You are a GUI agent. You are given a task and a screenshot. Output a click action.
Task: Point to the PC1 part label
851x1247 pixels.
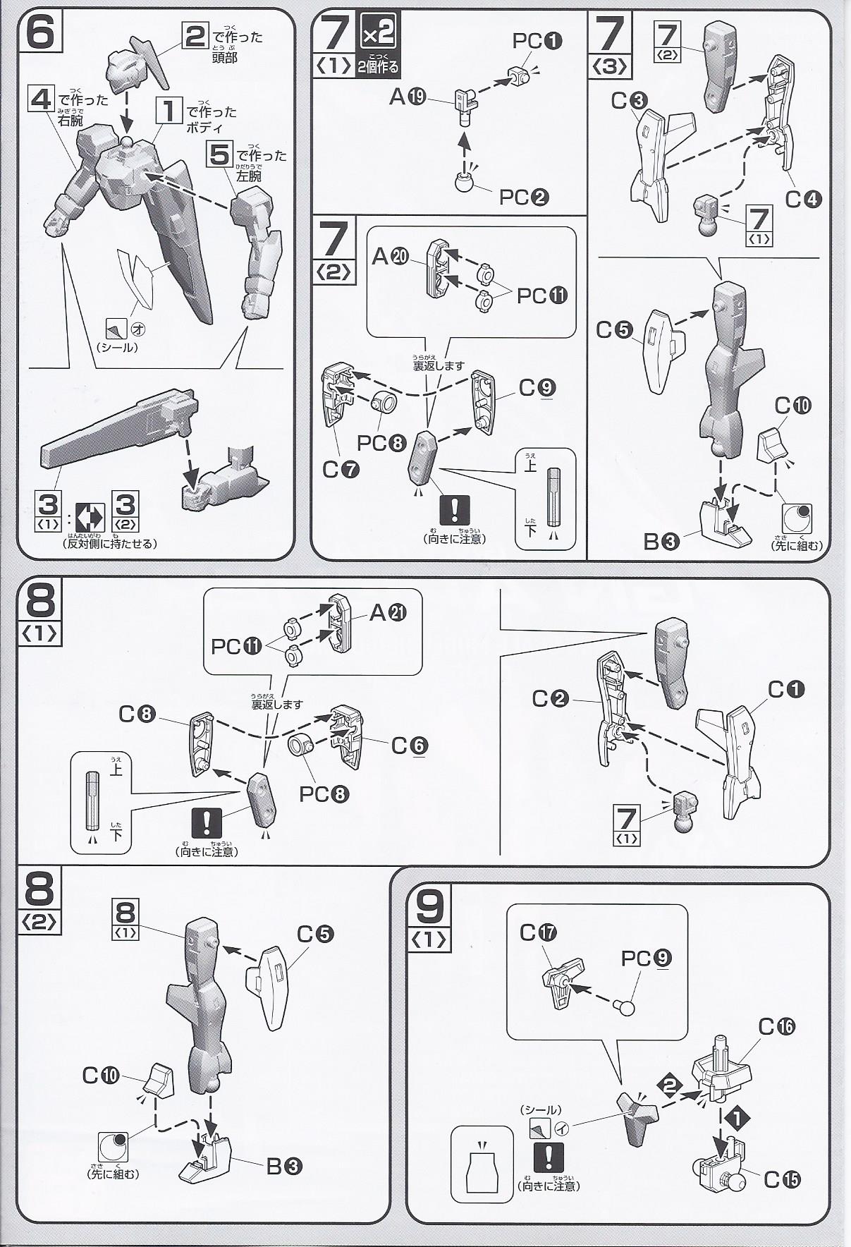click(x=537, y=42)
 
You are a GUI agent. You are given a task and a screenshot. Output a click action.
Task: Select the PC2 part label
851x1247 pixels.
click(x=524, y=197)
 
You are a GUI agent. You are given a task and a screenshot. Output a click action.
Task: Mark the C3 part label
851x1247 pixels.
click(x=630, y=102)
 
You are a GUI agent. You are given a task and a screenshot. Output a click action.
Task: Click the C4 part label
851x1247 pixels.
click(x=804, y=200)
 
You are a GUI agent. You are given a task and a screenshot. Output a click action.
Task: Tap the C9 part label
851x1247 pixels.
click(x=537, y=387)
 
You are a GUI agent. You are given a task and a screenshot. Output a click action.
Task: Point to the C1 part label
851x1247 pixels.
click(x=786, y=689)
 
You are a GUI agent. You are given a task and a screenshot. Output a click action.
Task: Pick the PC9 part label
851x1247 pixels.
click(x=647, y=958)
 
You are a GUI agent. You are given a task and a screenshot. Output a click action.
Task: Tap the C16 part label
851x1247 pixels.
click(x=776, y=1026)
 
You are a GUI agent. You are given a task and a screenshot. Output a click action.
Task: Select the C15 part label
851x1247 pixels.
click(x=782, y=1179)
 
